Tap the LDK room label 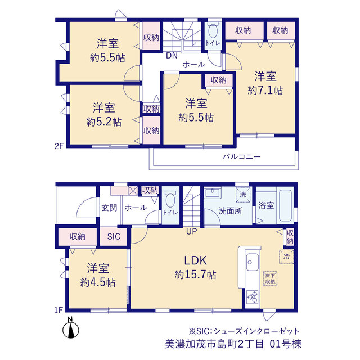coord(195,260)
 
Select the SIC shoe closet coord(114,236)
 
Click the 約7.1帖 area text coord(265,91)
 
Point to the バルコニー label coord(241,157)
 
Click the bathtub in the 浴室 coord(285,205)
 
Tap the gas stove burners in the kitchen coord(253,296)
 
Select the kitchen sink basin coord(253,262)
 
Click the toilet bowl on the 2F coord(213,30)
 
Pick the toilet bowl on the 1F coord(170,200)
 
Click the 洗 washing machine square coord(243,195)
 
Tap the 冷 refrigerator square coord(286,256)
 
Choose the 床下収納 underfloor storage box coord(270,278)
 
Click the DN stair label coord(172,55)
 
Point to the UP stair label coord(191,231)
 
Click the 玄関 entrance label coord(109,208)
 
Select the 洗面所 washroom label coord(230,211)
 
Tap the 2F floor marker coord(58,146)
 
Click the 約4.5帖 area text coord(98,282)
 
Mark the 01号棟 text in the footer coord(285,344)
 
